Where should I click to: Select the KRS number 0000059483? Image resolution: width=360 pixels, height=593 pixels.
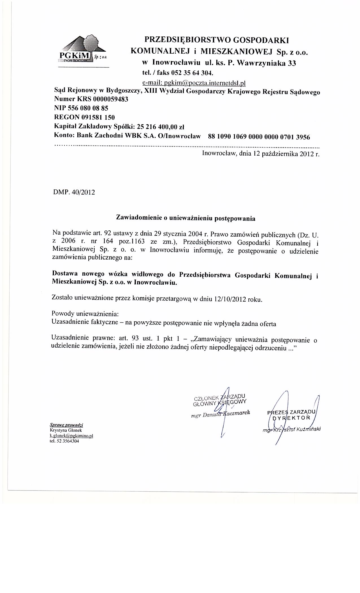[108, 99]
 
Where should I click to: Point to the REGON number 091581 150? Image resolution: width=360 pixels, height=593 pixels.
[98, 117]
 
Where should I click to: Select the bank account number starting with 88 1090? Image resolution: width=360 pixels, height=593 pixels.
[259, 137]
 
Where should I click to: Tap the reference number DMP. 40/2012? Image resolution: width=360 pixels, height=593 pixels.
[74, 192]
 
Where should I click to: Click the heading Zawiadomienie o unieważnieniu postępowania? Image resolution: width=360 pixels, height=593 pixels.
[186, 218]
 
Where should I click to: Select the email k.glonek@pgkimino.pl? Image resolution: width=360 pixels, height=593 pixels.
[71, 436]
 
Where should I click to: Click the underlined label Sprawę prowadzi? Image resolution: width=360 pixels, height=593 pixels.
[66, 425]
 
